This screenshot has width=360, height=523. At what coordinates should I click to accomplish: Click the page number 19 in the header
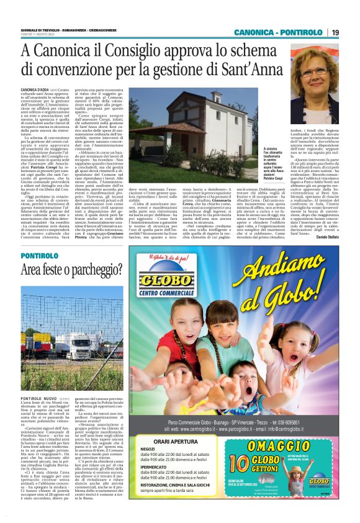tap(335, 33)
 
